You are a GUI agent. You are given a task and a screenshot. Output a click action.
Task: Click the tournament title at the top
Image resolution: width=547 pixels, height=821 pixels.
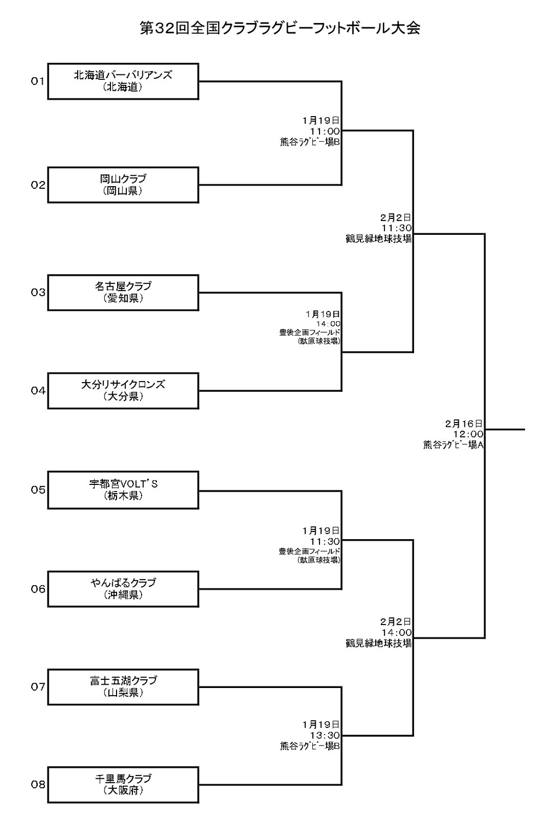tap(280, 28)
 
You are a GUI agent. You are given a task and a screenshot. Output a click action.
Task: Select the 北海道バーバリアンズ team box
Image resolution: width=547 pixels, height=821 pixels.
tap(123, 81)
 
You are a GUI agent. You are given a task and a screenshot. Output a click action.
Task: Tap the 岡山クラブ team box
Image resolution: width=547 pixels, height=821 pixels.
tap(123, 185)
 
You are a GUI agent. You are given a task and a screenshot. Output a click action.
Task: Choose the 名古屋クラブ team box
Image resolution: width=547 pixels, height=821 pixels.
tap(123, 292)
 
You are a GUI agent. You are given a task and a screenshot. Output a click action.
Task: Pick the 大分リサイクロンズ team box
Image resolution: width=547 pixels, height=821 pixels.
tap(123, 390)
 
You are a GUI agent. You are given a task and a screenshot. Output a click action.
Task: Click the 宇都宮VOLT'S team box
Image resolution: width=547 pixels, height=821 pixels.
tap(123, 490)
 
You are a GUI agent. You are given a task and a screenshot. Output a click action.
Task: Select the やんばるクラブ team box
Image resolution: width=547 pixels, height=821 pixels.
tap(123, 589)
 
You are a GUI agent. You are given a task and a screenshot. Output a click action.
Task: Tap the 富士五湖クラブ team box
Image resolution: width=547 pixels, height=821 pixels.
tap(123, 686)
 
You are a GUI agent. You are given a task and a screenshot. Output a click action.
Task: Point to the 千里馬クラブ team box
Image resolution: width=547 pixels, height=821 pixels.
tap(123, 784)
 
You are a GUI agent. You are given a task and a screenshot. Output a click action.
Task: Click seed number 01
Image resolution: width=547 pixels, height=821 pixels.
tap(37, 81)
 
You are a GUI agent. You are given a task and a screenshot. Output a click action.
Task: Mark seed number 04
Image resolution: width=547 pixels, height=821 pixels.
tap(38, 390)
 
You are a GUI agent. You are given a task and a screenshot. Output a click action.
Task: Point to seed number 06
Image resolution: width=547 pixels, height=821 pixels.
tap(38, 589)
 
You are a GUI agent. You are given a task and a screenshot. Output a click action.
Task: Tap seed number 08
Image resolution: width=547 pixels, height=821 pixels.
tap(38, 784)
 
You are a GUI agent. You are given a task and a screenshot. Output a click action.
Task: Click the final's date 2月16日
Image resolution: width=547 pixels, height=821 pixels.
tap(464, 423)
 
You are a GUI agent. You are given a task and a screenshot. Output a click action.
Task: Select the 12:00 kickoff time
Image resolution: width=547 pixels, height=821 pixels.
tap(467, 434)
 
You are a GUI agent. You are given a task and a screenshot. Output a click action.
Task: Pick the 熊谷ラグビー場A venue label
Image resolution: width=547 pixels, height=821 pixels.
tap(453, 445)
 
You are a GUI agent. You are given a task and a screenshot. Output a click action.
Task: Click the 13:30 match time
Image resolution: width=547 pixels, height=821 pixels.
tap(325, 735)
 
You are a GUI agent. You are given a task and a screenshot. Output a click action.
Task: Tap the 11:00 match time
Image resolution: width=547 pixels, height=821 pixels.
tap(325, 131)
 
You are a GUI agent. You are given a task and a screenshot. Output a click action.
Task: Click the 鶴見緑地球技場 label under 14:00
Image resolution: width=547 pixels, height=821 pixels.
tap(379, 644)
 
